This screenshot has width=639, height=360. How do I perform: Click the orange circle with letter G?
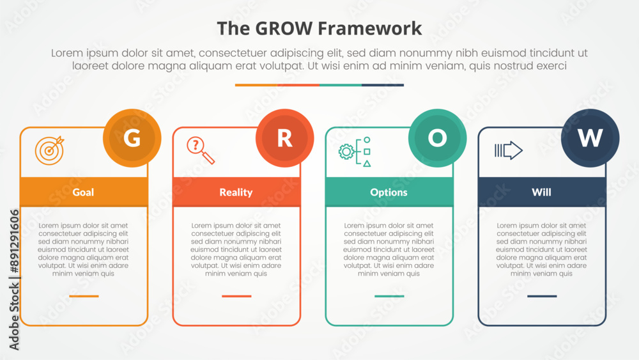click(132, 138)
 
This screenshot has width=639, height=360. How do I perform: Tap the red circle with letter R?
click(285, 138)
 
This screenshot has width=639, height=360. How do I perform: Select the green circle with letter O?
click(437, 138)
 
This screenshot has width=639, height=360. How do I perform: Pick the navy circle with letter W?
click(590, 138)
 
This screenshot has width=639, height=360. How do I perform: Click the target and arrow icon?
click(49, 150)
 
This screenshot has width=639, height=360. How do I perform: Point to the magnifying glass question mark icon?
click(201, 150)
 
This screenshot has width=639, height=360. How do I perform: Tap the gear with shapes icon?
click(355, 152)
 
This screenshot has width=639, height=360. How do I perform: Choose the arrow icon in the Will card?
click(509, 150)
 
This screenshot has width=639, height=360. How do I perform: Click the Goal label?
click(83, 192)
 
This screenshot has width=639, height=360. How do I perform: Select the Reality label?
click(236, 192)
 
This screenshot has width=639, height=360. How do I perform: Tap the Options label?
click(389, 192)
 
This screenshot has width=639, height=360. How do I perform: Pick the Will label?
click(542, 192)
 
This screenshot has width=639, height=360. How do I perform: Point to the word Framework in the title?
click(369, 29)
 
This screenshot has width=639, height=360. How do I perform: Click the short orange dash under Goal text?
click(84, 296)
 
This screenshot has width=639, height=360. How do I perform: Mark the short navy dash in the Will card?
click(542, 296)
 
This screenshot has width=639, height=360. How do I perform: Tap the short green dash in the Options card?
click(389, 296)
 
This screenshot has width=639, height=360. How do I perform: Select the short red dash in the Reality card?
click(237, 296)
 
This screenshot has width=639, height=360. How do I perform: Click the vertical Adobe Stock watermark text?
click(14, 280)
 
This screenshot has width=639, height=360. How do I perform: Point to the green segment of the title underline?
click(341, 85)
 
